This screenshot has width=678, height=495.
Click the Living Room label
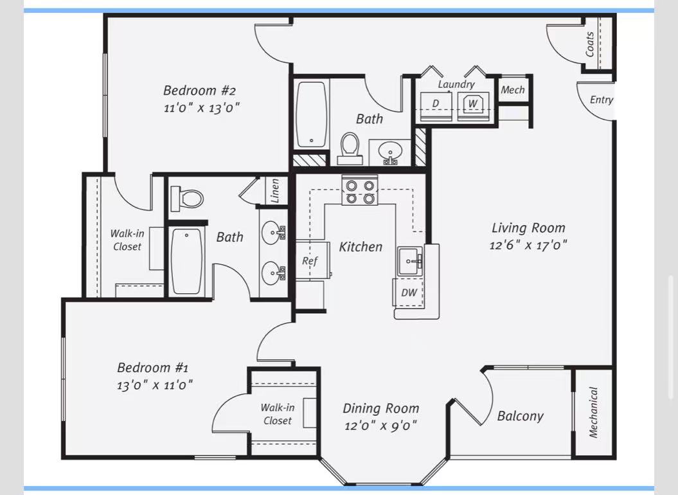528,228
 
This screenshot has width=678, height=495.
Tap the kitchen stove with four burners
360,190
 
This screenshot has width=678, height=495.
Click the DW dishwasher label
409,292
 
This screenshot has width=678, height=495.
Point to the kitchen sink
409,261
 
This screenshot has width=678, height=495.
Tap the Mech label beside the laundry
513,90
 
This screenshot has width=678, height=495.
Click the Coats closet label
590,44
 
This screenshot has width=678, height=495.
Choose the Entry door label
602,100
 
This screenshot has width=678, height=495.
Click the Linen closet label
274,191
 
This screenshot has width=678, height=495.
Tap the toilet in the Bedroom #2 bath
350,148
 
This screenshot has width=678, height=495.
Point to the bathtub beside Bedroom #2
311,114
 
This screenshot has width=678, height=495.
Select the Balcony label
520,416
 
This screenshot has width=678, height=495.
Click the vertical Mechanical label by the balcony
593,412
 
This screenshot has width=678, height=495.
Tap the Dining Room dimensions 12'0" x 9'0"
380,426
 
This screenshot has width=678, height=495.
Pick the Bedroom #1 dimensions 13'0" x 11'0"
154,384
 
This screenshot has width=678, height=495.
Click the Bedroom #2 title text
199,91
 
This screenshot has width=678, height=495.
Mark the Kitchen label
361,247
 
